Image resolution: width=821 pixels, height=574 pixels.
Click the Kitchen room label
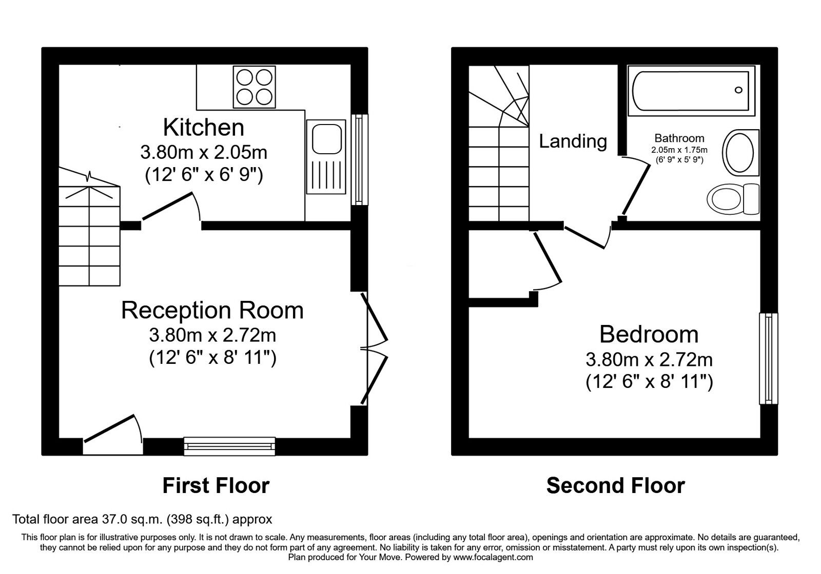tap(204, 128)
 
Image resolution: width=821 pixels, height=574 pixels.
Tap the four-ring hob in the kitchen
tap(253, 87)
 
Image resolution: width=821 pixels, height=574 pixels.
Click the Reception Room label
tap(212, 311)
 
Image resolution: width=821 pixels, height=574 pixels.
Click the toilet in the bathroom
tap(732, 199)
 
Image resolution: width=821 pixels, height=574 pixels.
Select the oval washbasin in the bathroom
tap(740, 151)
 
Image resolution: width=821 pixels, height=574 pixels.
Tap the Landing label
tap(573, 141)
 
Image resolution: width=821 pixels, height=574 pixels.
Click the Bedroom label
tap(649, 335)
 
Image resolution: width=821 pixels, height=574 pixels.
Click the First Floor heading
tap(216, 485)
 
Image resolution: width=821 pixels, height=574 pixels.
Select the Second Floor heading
tap(615, 485)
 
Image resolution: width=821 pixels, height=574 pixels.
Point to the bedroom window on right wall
tap(768, 358)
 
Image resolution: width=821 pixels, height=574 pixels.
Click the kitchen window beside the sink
tap(359, 159)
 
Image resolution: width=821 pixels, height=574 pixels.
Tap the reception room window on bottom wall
tap(230, 446)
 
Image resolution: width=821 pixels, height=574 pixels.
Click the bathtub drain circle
tap(738, 90)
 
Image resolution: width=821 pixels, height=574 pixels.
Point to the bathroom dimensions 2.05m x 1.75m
tap(679, 150)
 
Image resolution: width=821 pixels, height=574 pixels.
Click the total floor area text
tap(142, 519)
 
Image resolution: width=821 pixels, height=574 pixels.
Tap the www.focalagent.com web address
tap(493, 557)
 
